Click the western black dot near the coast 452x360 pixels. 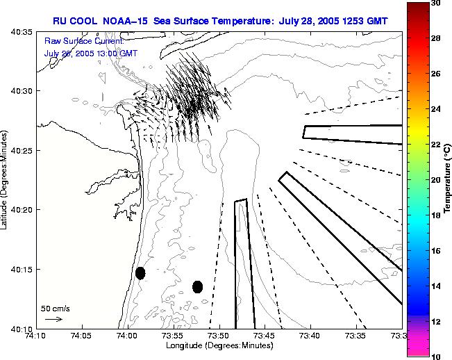[140, 273]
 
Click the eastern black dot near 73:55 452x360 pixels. [197, 286]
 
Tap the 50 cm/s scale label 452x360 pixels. [55, 308]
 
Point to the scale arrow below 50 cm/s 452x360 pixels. [53, 319]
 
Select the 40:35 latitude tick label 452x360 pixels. [21, 32]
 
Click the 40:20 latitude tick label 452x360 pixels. [21, 210]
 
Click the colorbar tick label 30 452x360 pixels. [436, 3]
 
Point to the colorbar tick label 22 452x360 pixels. [436, 145]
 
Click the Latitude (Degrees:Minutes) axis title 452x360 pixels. [6, 180]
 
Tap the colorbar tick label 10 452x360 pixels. [436, 357]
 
